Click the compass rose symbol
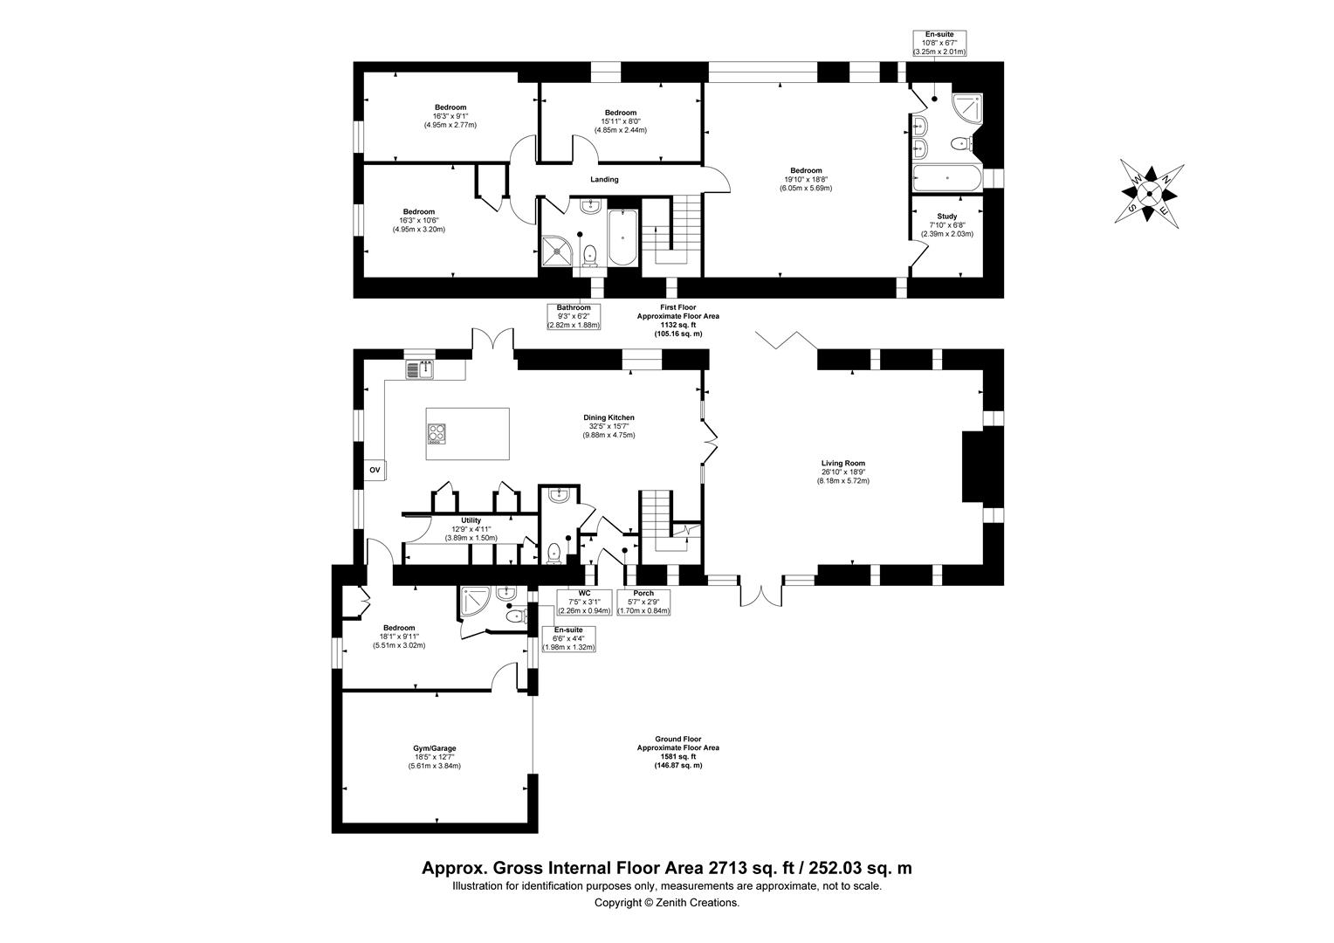tap(1150, 193)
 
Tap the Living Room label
tap(842, 471)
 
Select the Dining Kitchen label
tap(609, 426)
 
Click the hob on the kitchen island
tap(437, 433)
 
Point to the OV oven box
tap(375, 470)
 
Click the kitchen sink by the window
tap(420, 369)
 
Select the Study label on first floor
tap(946, 224)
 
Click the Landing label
tap(604, 180)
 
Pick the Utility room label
tap(471, 529)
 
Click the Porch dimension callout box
tap(643, 602)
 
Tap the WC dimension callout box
tap(584, 602)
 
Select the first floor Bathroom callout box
tap(574, 316)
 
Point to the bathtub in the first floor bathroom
tap(622, 237)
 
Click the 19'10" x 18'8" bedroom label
tap(806, 179)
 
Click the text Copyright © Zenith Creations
tap(666, 903)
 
